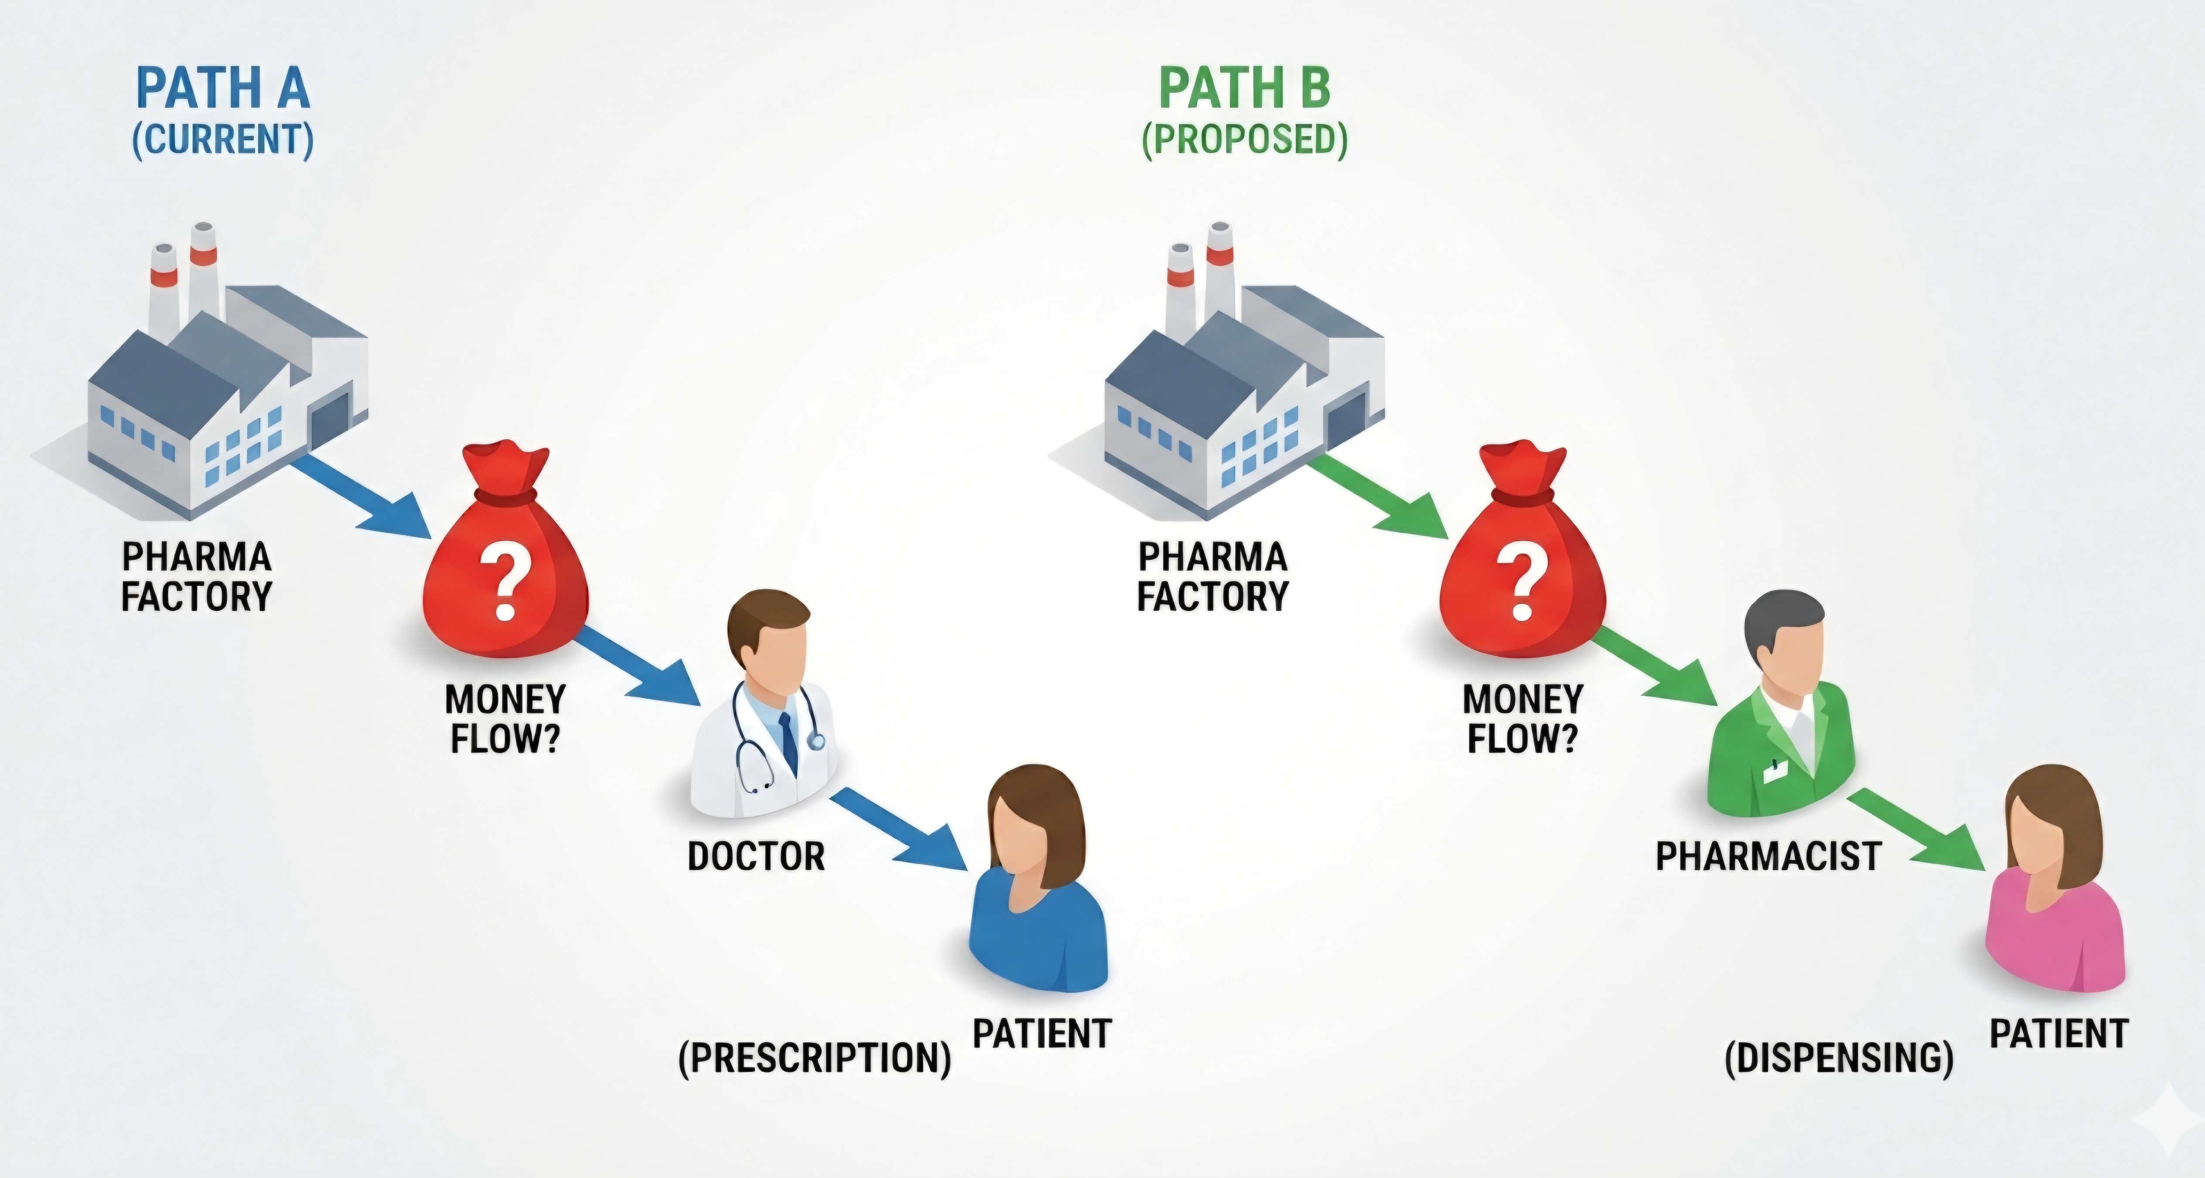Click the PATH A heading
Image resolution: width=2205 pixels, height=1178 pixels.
222,88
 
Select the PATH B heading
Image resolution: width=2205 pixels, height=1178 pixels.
1245,88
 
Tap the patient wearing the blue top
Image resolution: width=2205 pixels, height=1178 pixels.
1038,882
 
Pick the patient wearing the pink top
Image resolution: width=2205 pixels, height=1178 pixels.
2055,882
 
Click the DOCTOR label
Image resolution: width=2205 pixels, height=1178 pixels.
756,856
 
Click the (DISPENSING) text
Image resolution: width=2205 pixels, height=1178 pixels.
1839,1058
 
